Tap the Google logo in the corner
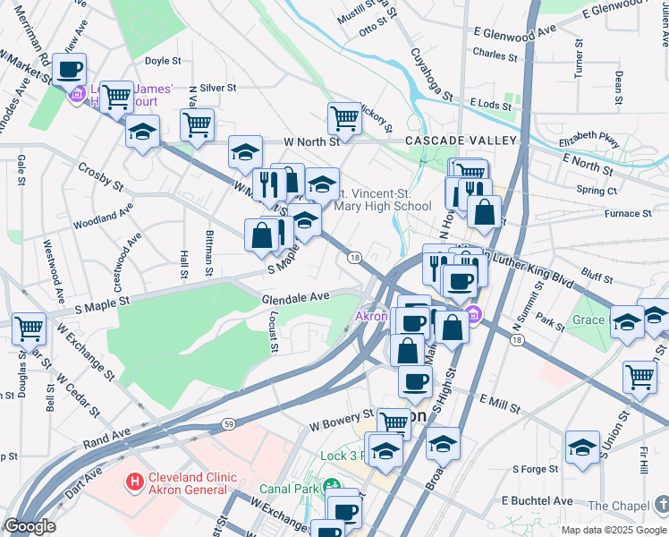coord(30,527)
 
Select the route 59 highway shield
coord(228,421)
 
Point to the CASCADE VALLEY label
coord(461,141)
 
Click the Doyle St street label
coord(163,62)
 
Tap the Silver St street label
coord(217,88)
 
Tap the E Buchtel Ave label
coord(537,499)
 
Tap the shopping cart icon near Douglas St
coord(29,328)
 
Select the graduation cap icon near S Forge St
coord(582,447)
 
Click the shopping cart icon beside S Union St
coord(639,376)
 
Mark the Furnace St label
coord(628,214)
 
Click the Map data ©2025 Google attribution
coord(613,529)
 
